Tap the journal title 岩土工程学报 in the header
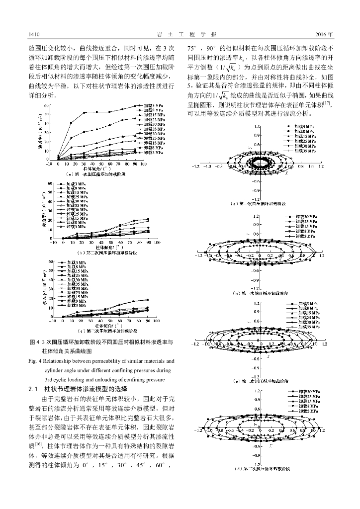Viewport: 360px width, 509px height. point(180,34)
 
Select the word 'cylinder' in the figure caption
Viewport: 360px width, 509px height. point(55,370)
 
